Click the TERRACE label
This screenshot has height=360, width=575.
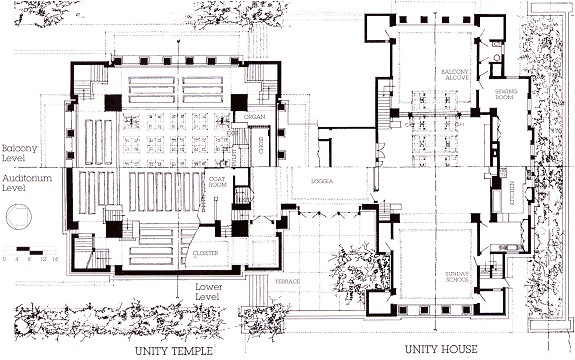[x=287, y=282]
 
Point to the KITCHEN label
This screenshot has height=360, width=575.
[x=513, y=189]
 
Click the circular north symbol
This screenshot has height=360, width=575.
[x=18, y=217]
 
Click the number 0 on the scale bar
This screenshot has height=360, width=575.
[x=4, y=258]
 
